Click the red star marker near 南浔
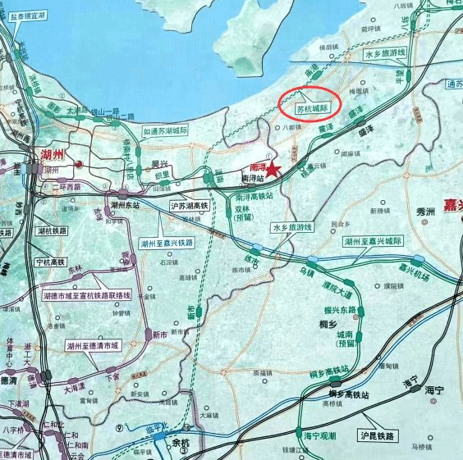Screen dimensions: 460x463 coord(273,168)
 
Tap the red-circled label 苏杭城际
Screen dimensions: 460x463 coord(312,107)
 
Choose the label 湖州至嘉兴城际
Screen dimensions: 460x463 coord(374,242)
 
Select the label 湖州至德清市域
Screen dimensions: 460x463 coord(93,345)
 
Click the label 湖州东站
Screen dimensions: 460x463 coord(122,206)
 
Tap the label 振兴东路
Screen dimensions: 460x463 coord(340,310)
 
